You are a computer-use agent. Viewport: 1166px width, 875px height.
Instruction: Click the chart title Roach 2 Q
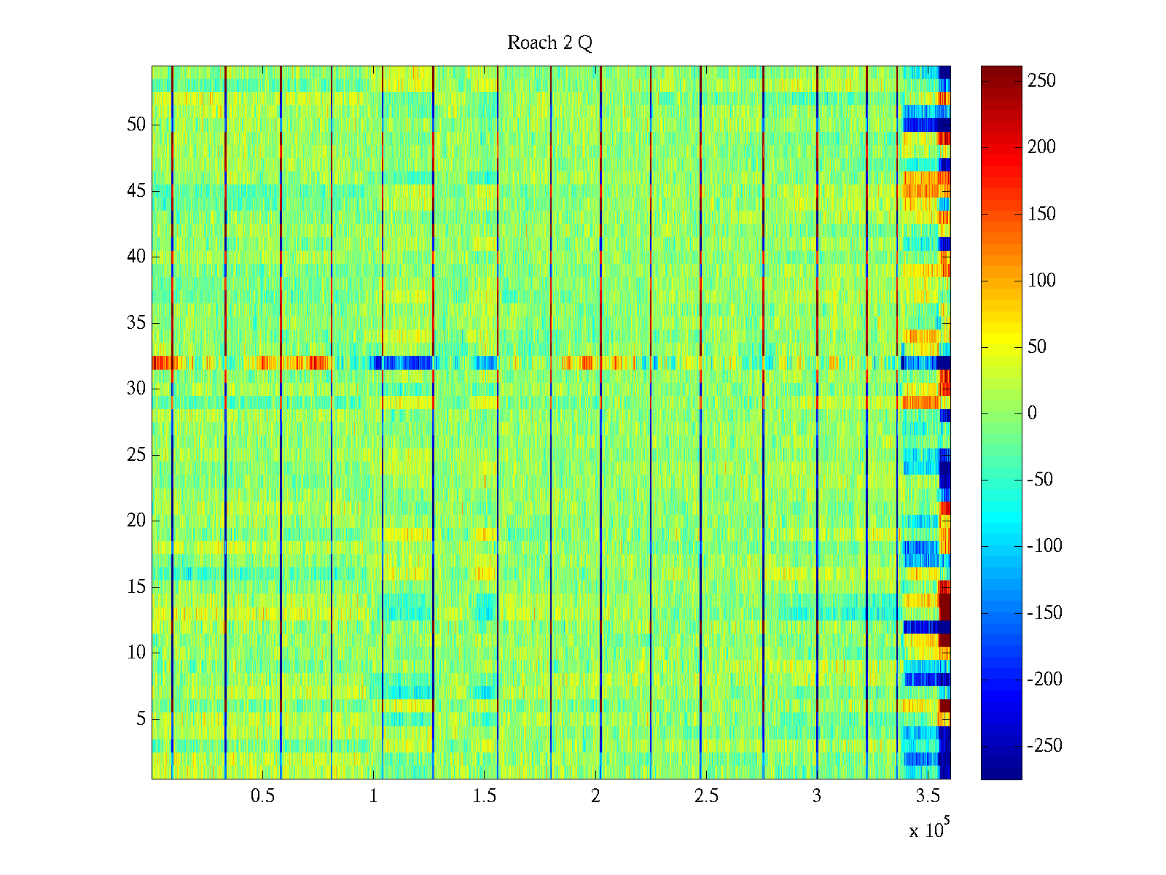tap(549, 43)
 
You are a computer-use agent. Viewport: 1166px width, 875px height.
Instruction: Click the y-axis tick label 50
tap(136, 125)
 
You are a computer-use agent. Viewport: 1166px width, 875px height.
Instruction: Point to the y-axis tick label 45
tap(136, 191)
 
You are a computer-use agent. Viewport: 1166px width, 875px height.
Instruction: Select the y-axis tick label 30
tap(136, 389)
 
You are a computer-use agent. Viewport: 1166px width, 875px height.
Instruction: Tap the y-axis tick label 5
tap(141, 719)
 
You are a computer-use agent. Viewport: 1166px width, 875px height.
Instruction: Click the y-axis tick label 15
tap(136, 587)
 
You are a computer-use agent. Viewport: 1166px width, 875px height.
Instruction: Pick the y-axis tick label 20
tap(136, 521)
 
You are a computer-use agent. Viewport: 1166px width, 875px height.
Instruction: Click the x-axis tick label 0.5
tap(262, 796)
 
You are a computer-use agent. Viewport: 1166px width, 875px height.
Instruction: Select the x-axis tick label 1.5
tap(484, 796)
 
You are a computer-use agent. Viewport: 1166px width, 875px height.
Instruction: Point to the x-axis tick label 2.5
tap(705, 796)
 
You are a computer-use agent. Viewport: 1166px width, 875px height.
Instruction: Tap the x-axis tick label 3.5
tap(928, 796)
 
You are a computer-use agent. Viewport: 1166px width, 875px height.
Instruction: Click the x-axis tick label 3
tap(817, 796)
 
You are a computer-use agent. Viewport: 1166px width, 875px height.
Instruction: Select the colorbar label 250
tap(1041, 81)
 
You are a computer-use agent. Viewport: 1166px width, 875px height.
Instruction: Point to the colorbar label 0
tap(1032, 413)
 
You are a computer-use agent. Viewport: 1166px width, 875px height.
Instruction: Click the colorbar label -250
tap(1044, 746)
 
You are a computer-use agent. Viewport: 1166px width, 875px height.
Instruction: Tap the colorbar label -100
tap(1044, 546)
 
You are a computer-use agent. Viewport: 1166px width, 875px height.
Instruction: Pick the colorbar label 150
tap(1041, 214)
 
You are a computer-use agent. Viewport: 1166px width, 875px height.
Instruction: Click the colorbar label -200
tap(1044, 680)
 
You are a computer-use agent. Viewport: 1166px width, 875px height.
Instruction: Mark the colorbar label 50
tap(1037, 347)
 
